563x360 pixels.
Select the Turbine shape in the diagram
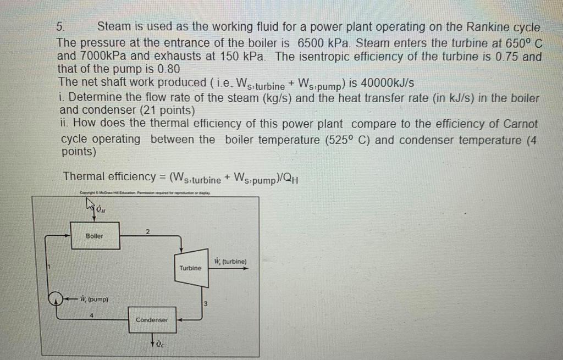(x=190, y=268)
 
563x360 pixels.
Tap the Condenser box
(x=151, y=319)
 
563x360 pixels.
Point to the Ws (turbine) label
(x=230, y=262)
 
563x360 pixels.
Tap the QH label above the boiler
(x=101, y=208)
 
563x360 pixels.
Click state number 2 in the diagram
(x=147, y=231)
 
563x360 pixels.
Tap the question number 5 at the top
(x=61, y=27)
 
